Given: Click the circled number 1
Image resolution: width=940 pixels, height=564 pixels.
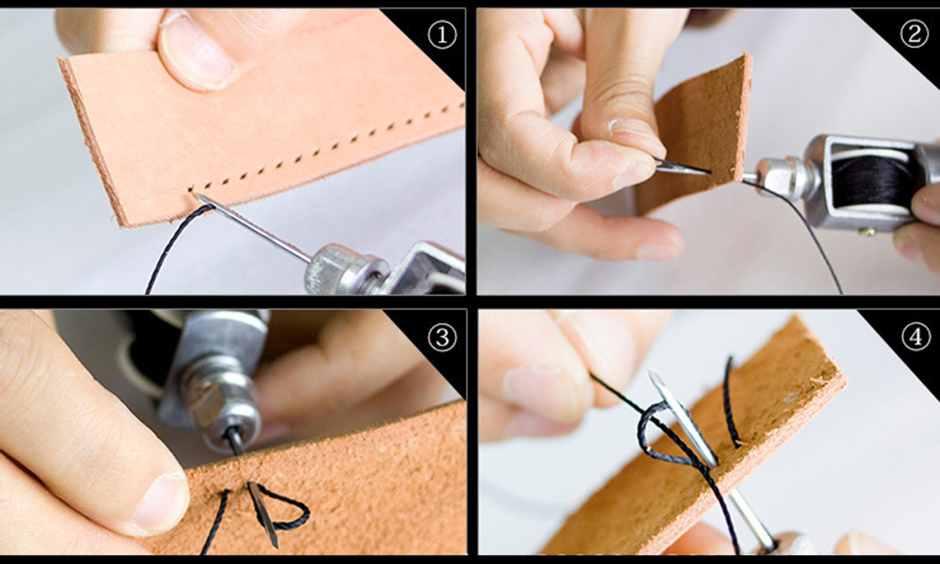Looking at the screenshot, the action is (x=442, y=34).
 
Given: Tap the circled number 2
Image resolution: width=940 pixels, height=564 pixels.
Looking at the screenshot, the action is (x=914, y=34).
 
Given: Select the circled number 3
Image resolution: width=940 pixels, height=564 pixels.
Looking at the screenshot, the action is (x=442, y=337).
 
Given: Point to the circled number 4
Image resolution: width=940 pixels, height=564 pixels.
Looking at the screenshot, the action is (x=916, y=336).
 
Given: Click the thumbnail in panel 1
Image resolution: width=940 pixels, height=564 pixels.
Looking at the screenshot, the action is (x=194, y=51).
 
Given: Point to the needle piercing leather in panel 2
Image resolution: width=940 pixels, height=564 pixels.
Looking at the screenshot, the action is (x=683, y=167).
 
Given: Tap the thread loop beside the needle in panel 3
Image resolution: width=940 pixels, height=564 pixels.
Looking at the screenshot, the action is (x=284, y=507).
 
